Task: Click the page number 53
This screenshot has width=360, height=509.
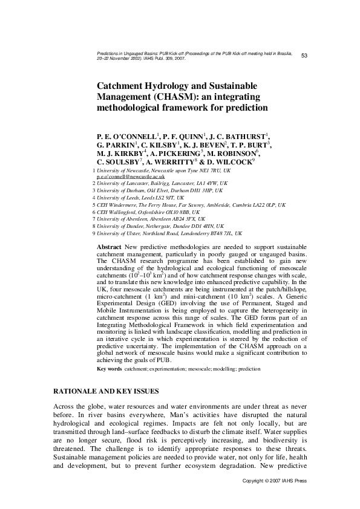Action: tap(304, 56)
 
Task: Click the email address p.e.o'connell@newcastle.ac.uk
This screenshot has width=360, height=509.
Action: tap(130, 177)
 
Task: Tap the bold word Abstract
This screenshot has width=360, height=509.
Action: tap(109, 248)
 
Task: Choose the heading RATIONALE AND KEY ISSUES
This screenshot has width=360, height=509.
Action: tap(106, 392)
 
